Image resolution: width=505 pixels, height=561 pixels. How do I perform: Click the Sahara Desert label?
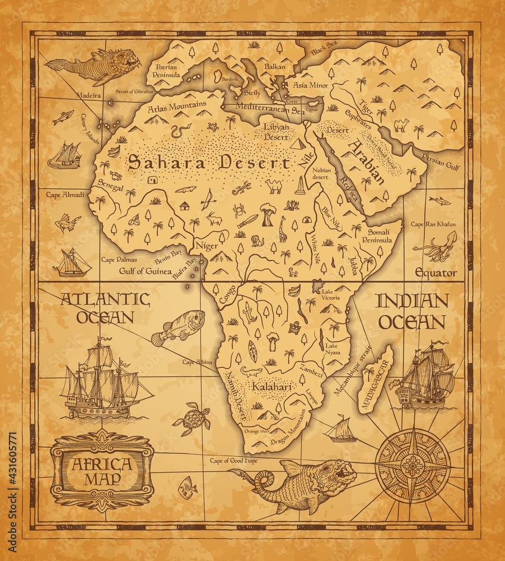(x=209, y=163)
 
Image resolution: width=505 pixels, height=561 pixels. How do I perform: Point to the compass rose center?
(x=413, y=466)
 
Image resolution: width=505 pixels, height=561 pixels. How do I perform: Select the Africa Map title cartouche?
(x=102, y=472)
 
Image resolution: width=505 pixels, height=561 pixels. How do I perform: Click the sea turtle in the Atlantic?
(x=192, y=419)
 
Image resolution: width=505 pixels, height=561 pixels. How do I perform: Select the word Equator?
(x=435, y=273)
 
